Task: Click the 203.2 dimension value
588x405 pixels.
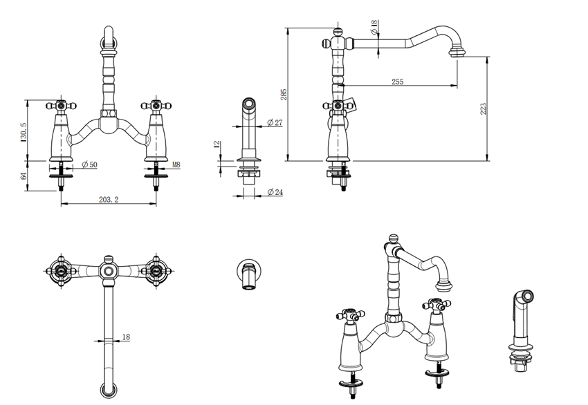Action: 109,199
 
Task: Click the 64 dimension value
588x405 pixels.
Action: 24,176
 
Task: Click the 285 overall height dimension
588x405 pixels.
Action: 283,94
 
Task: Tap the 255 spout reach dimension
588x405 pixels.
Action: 397,82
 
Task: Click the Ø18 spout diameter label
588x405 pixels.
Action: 374,28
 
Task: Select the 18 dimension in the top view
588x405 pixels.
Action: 125,337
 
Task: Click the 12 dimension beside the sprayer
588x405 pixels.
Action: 217,144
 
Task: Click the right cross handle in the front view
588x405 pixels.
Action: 154,106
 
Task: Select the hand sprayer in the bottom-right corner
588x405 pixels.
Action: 522,328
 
